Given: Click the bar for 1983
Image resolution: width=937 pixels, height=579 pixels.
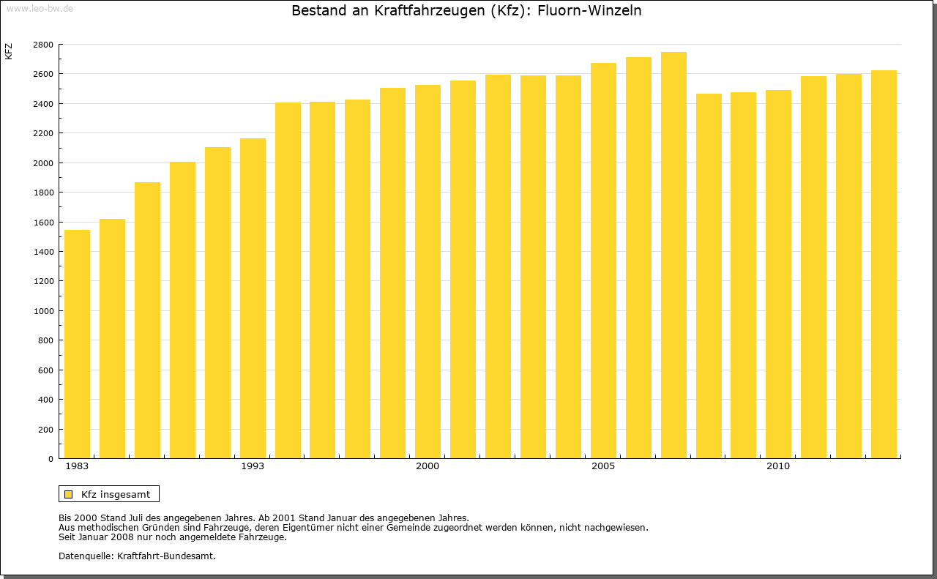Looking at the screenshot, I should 77,344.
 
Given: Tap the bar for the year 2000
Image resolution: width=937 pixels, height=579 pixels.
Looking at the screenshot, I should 428,272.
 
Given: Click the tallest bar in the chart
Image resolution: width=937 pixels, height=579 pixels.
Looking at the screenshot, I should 673,255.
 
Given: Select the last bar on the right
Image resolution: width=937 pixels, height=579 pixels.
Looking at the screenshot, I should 884,264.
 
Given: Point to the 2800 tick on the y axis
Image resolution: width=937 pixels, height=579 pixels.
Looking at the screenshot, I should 43,45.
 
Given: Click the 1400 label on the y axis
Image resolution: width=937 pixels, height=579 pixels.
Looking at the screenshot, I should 43,252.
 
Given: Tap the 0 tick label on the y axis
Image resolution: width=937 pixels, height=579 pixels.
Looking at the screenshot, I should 50,459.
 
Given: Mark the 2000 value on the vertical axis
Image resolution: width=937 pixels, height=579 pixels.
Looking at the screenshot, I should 43,163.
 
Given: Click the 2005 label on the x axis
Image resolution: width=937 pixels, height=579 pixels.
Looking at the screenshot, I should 603,466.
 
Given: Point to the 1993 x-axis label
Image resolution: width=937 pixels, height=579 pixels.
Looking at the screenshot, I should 253,466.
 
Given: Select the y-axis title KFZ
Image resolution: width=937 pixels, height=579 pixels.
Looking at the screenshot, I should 9,51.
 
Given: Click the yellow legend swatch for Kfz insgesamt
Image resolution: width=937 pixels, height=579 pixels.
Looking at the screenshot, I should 68,494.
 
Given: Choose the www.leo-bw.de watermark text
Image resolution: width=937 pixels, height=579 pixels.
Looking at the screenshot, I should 39,8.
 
